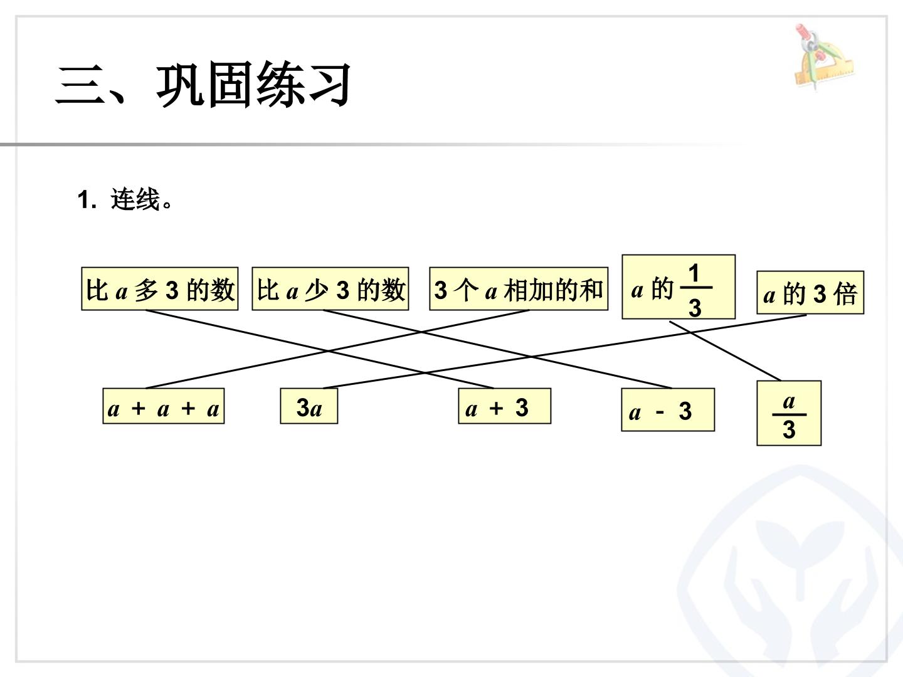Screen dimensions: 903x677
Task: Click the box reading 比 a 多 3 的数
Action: tap(160, 288)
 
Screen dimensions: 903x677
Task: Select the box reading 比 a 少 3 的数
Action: tap(330, 288)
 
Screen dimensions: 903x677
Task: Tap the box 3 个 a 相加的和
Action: tap(519, 288)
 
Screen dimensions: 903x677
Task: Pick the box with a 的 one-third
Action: tap(679, 287)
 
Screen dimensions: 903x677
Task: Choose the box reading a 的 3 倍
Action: tap(810, 293)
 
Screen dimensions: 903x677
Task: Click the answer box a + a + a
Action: tap(163, 406)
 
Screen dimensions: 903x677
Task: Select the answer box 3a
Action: tap(309, 406)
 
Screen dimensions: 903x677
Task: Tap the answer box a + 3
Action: tap(504, 406)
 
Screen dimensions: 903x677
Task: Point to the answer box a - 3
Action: tap(668, 409)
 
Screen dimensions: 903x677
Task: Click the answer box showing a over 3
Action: tap(789, 413)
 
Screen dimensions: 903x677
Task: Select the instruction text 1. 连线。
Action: tap(125, 200)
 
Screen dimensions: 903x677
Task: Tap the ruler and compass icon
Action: tap(823, 56)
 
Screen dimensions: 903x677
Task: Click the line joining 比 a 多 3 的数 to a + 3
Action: tap(320, 349)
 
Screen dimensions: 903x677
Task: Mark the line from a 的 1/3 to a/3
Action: tap(726, 351)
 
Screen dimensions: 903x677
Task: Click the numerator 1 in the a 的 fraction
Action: tap(694, 273)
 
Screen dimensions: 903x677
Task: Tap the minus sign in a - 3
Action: tap(660, 411)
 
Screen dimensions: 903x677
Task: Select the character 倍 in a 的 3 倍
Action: tap(845, 294)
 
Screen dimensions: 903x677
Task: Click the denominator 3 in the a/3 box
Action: tap(789, 429)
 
